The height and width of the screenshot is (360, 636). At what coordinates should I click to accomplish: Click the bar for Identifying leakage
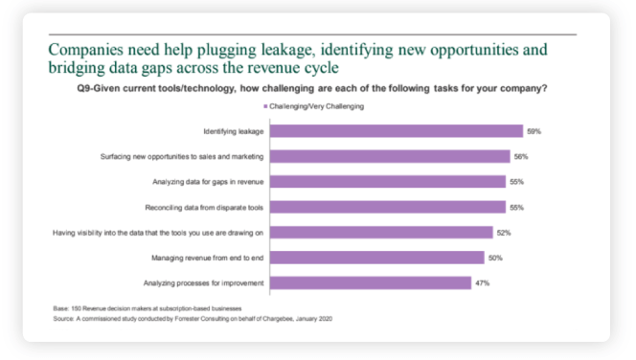(402, 131)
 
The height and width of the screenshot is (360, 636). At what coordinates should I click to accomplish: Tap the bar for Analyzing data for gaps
(395, 181)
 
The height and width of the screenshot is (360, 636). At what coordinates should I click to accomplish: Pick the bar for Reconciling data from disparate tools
(395, 207)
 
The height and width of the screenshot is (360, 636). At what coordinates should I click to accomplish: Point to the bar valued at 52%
(388, 232)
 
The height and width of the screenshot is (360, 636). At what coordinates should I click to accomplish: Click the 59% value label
(534, 131)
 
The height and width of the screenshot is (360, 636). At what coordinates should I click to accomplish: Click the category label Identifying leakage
(235, 131)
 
